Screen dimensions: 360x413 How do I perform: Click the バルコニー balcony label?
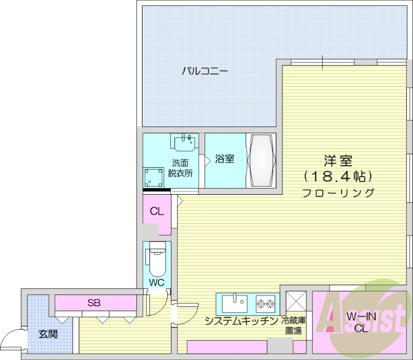(205, 71)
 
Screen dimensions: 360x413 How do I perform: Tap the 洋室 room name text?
(338, 160)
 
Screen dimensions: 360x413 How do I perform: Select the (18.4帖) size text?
(338, 177)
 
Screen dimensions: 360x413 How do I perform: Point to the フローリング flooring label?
(338, 193)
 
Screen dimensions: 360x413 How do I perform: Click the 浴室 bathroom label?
(225, 159)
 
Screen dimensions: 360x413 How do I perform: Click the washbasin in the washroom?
(184, 142)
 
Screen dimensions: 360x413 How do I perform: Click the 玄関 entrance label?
(48, 334)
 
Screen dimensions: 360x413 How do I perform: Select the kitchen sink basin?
(235, 301)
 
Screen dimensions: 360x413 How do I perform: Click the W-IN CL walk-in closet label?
(357, 323)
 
